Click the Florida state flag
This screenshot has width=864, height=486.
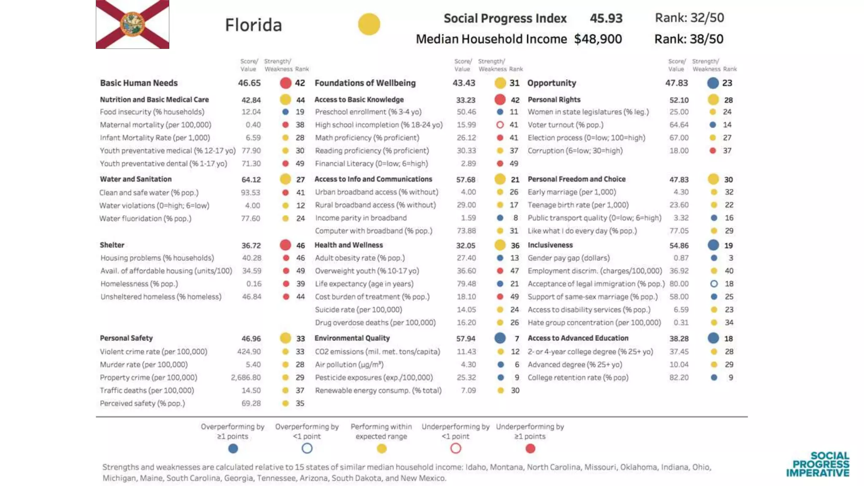point(132,24)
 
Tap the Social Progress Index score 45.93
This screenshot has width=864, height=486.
point(606,19)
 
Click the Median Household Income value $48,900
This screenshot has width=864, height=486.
point(598,39)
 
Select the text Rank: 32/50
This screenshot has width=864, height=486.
point(689,18)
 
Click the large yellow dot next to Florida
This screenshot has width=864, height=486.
point(369,24)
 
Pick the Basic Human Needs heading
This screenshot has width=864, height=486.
point(139,83)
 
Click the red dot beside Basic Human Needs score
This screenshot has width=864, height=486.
point(286,83)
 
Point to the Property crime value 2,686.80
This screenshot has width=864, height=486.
point(246,378)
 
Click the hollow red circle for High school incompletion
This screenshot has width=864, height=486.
point(500,125)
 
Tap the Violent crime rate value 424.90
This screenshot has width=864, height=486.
point(249,352)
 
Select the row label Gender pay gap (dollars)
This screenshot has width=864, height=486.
point(569,258)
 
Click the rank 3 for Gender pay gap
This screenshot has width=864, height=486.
point(731,258)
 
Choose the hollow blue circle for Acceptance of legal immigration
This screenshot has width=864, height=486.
point(714,284)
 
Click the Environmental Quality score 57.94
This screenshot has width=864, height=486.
point(466,339)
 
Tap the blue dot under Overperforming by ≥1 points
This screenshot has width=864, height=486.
point(233,449)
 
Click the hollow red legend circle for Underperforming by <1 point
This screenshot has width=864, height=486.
point(456,449)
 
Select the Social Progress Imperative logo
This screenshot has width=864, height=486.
point(818,464)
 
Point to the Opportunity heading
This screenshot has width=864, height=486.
point(552,83)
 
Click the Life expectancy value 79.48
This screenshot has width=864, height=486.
point(466,284)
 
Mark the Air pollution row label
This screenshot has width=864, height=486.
point(349,364)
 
